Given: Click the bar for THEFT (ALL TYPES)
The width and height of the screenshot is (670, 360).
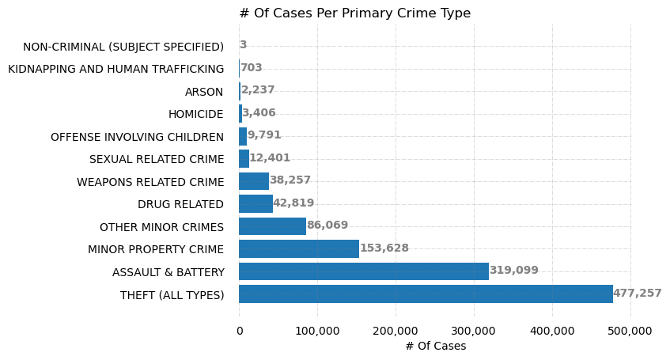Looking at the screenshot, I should pos(426,294).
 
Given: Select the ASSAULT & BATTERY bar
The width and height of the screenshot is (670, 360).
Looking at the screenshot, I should pos(364,271).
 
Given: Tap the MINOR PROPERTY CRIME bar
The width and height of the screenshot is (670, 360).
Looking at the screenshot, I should pos(299,249).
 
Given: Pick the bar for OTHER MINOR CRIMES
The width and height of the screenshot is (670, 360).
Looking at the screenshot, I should pos(272,226).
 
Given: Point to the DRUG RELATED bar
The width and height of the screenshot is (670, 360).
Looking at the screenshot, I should pos(256,204).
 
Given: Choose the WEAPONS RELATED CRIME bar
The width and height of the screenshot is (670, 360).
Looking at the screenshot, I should pos(254,181).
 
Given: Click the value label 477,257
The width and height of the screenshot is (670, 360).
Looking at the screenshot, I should pos(637,294).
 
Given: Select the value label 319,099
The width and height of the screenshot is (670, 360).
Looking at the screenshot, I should pos(513,271).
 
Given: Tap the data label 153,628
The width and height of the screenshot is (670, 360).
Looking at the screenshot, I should pos(384,248).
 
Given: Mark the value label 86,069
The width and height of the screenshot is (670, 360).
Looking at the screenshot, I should pos(327,225).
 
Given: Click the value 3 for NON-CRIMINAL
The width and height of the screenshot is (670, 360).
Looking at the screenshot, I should pos(243,45).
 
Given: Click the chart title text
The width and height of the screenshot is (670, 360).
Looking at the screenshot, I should pos(354,13).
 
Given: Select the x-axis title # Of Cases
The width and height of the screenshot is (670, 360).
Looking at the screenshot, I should pos(435,346).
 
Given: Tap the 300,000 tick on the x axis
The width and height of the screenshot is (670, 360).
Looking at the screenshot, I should pos(474,330).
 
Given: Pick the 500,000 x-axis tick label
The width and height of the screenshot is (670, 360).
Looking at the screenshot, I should pos(630,330).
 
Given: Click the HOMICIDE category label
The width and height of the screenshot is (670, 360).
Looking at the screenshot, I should pos(195,115).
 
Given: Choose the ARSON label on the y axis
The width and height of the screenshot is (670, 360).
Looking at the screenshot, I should pos(204,92).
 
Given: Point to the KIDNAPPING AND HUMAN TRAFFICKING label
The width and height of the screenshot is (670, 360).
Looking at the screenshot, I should pos(115,70).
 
